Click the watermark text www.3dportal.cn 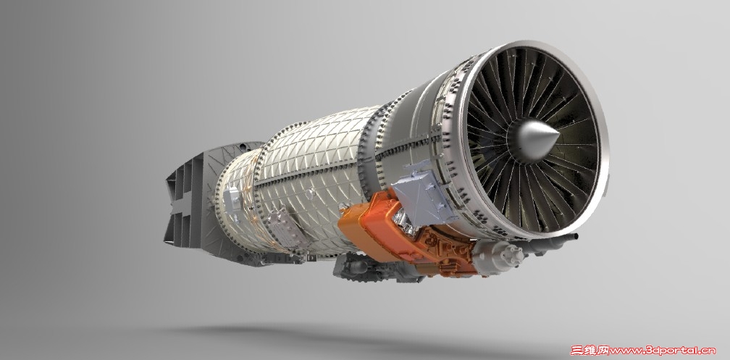pos(662,350)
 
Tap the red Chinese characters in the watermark pos(590,350)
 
